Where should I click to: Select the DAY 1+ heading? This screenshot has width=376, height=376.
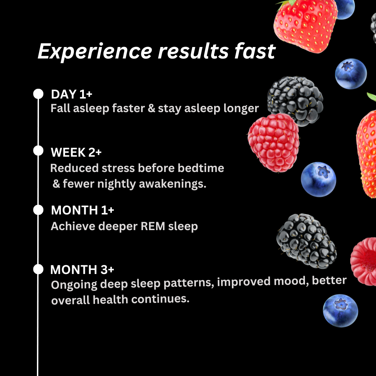pyautogui.click(x=71, y=94)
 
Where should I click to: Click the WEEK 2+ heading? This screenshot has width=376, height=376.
pyautogui.click(x=76, y=152)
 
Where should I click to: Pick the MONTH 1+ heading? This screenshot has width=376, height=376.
pyautogui.click(x=83, y=210)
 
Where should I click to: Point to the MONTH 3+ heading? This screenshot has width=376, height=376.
pyautogui.click(x=82, y=270)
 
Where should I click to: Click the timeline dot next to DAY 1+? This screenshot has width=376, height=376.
pyautogui.click(x=38, y=94)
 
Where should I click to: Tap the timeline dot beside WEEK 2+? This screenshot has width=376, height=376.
pyautogui.click(x=38, y=151)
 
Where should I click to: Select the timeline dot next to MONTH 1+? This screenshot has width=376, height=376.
pyautogui.click(x=38, y=210)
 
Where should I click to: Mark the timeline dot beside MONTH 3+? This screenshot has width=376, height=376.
pyautogui.click(x=38, y=269)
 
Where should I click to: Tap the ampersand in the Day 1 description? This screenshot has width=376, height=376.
pyautogui.click(x=151, y=108)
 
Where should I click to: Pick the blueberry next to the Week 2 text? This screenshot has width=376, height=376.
pyautogui.click(x=318, y=179)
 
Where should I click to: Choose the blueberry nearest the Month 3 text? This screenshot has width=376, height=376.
pyautogui.click(x=340, y=310)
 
